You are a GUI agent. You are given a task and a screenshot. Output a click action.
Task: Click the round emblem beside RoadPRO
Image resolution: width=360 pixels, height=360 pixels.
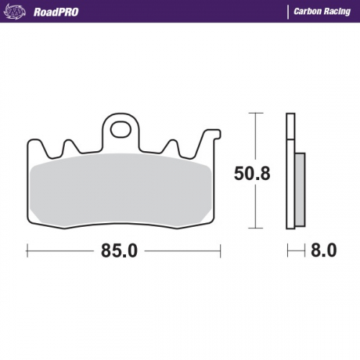[x=18, y=12]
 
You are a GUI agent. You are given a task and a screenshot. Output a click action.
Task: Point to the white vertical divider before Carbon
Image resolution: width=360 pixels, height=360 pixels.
[x=288, y=12]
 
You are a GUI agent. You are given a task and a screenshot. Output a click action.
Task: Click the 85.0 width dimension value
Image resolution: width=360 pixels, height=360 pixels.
[x=120, y=251]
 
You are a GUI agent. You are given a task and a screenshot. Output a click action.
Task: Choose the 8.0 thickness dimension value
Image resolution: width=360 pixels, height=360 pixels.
[x=323, y=251]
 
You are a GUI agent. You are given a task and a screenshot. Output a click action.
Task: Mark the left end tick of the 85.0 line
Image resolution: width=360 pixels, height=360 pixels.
[x=27, y=251]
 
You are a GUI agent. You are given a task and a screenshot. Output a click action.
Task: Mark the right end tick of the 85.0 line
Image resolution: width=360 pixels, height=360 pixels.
[x=219, y=251]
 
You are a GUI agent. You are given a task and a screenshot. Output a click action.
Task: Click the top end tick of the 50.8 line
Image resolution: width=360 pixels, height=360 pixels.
[x=252, y=114]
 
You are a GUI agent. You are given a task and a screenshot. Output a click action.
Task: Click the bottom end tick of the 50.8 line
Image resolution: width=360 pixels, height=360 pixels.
[x=252, y=228]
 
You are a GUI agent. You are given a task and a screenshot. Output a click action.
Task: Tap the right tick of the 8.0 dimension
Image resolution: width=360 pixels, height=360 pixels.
[x=305, y=251]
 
